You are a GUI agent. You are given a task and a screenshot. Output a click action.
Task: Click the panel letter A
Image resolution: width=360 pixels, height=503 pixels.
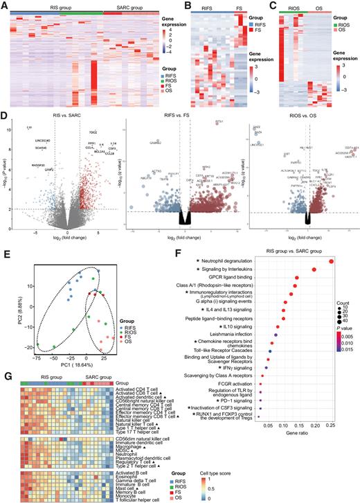[6, 5]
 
